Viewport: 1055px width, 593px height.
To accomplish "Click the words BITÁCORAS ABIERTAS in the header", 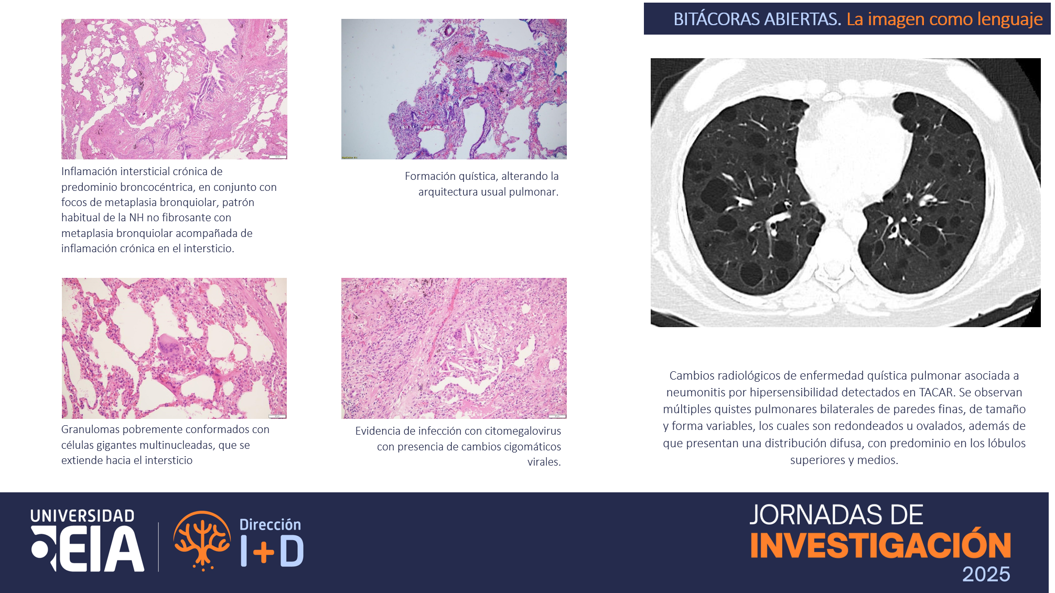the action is click(757, 19).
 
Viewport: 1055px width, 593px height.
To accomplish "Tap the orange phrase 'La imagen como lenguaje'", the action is click(944, 19).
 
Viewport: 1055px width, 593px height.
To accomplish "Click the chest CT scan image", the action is click(845, 192).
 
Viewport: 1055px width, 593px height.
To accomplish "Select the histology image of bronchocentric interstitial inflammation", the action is click(174, 89).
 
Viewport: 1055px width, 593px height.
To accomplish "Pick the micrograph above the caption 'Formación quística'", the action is click(454, 89).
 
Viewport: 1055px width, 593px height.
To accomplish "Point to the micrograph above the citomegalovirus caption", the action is click(454, 348).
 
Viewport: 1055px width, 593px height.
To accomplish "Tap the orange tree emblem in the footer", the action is click(202, 541).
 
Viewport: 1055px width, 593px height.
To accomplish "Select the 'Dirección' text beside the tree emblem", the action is click(271, 524).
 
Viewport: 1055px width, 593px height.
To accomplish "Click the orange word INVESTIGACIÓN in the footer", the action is click(881, 545).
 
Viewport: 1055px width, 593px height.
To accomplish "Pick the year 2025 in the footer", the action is click(986, 574).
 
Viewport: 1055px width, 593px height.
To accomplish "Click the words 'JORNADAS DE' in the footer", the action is click(836, 515).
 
